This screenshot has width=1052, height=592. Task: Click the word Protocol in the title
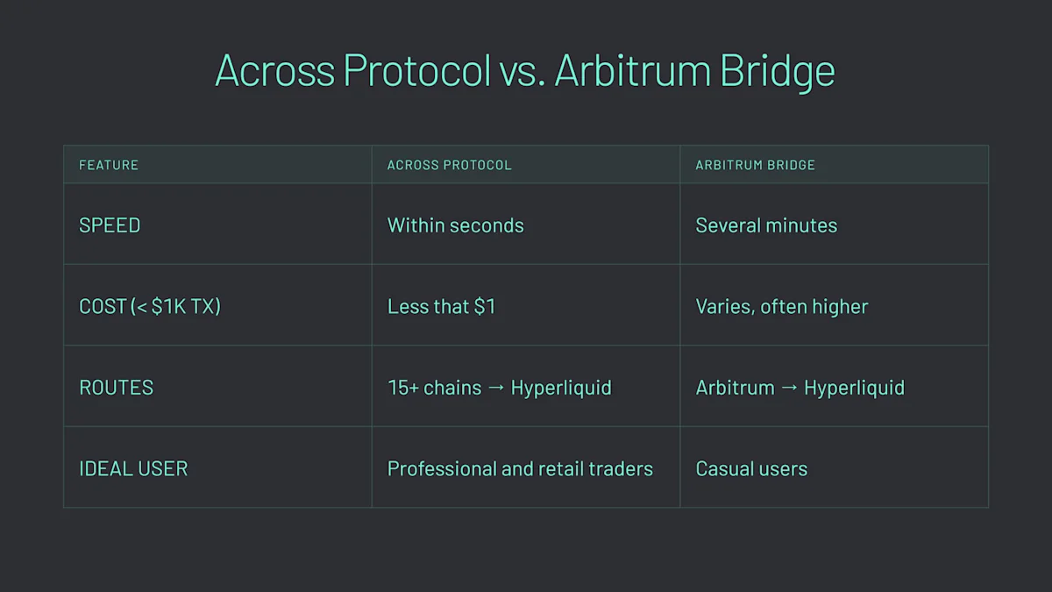click(416, 70)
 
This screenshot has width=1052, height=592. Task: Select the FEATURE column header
click(109, 165)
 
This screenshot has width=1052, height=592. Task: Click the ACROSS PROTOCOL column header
click(449, 165)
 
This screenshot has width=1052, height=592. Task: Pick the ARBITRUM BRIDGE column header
click(755, 165)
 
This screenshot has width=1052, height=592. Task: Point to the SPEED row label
click(110, 225)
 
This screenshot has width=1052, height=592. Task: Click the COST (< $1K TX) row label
click(150, 307)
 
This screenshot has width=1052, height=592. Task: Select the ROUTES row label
click(116, 388)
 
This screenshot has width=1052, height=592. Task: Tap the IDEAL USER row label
click(133, 469)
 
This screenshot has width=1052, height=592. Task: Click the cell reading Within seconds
click(455, 225)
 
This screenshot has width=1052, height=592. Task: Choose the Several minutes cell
click(766, 225)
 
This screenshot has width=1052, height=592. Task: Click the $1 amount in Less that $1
click(485, 307)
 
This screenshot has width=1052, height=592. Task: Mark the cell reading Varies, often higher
click(781, 307)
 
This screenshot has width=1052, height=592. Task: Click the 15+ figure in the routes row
click(402, 388)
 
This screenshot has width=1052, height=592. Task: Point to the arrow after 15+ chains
click(496, 389)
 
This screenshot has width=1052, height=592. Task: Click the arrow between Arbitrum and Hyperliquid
click(789, 389)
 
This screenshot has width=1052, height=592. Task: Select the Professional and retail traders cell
click(520, 469)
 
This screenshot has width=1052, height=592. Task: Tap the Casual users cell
click(751, 469)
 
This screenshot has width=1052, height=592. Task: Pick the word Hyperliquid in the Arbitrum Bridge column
click(854, 388)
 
